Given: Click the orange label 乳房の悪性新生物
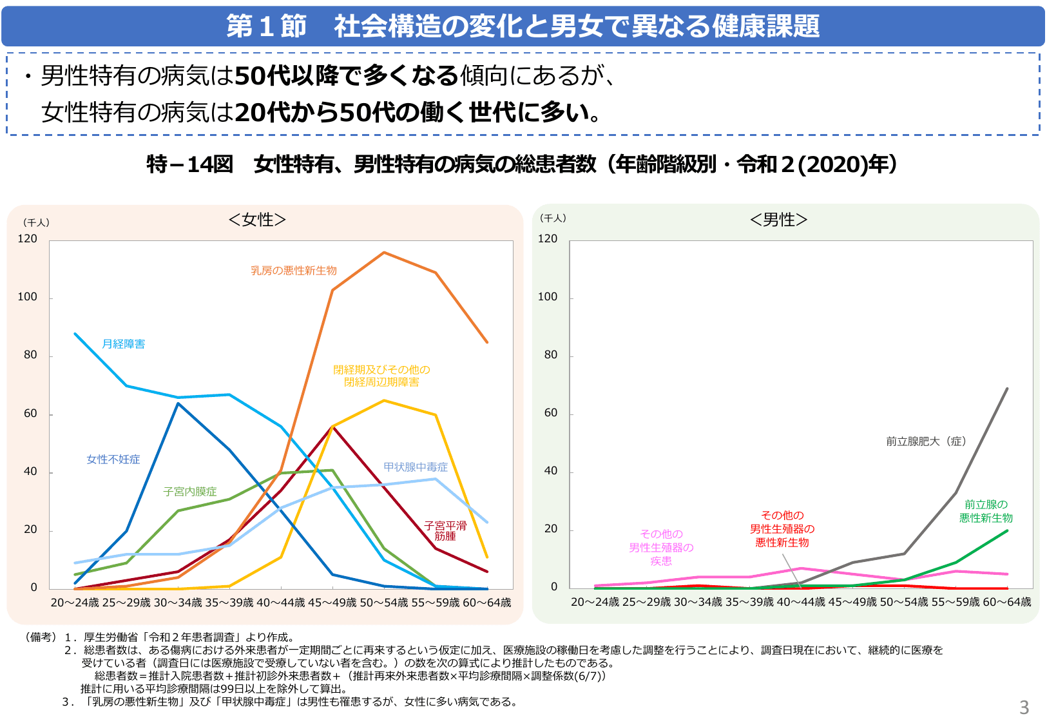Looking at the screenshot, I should pyautogui.click(x=294, y=271).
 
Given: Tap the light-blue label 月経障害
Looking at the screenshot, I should pyautogui.click(x=124, y=344).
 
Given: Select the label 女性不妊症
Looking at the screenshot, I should pyautogui.click(x=113, y=459).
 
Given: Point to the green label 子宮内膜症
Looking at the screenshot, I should pyautogui.click(x=190, y=492).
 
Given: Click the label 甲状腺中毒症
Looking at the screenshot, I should pyautogui.click(x=416, y=467).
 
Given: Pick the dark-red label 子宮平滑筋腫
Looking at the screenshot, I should pyautogui.click(x=445, y=531).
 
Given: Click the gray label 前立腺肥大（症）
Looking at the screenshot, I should pyautogui.click(x=926, y=441).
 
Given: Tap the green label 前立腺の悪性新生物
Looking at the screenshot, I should pyautogui.click(x=986, y=512).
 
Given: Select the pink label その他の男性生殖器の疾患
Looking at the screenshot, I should pyautogui.click(x=661, y=548).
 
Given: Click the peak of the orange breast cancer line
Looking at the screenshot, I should pyautogui.click(x=384, y=252).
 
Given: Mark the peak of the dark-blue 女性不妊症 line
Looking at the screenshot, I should pyautogui.click(x=178, y=403).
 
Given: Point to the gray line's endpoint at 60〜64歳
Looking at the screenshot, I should pyautogui.click(x=1007, y=389).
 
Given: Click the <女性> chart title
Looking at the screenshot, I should pyautogui.click(x=257, y=220).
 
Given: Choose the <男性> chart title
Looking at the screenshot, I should pyautogui.click(x=778, y=220).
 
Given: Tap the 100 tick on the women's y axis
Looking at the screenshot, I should pyautogui.click(x=28, y=297).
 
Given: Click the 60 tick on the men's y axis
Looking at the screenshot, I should pyautogui.click(x=551, y=413).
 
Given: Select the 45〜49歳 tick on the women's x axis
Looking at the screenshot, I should pyautogui.click(x=332, y=603).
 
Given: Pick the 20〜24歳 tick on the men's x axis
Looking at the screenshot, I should pyautogui.click(x=595, y=602).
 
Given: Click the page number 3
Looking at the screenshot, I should pyautogui.click(x=1024, y=708).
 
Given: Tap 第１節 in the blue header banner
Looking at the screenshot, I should pyautogui.click(x=266, y=26).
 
